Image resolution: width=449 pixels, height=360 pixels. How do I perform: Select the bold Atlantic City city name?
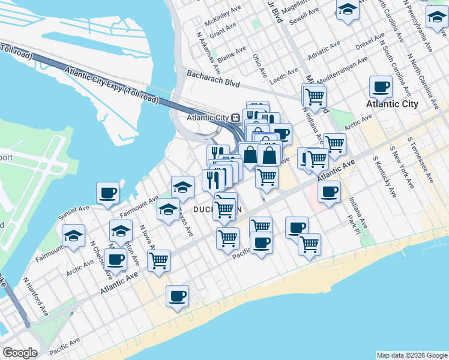point(392,104)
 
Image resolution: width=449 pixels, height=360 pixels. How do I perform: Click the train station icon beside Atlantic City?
point(236,118)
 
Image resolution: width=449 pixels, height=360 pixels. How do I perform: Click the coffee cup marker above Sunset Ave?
point(108,193)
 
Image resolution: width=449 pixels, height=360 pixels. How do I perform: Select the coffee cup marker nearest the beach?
point(178,296)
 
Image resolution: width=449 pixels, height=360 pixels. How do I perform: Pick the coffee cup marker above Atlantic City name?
point(381,86)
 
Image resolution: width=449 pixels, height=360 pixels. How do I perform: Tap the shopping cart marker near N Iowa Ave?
point(159,260)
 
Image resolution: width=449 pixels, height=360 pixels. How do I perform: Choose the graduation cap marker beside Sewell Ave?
point(347,10)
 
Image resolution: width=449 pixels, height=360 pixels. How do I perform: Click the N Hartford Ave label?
point(36,296)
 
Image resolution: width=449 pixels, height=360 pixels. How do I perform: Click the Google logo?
point(19,352)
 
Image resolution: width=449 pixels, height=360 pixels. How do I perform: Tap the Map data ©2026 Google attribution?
point(411,355)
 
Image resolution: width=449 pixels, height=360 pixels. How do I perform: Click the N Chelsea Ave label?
point(101,260)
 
